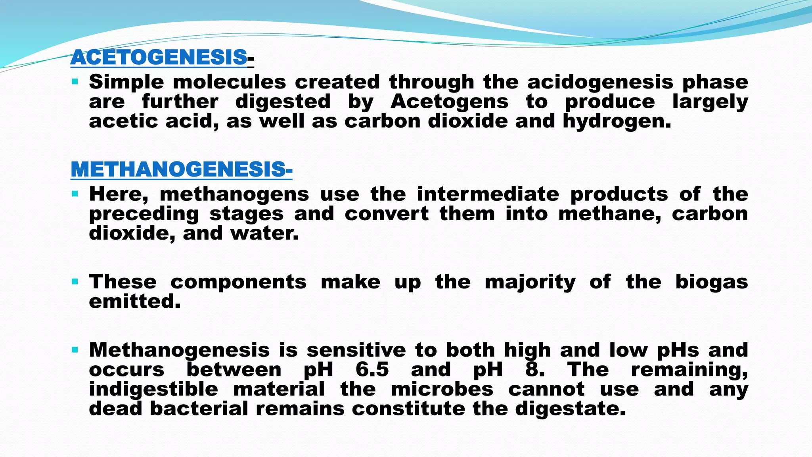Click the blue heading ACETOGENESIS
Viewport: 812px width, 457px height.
coord(159,58)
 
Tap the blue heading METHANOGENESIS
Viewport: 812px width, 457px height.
coord(178,170)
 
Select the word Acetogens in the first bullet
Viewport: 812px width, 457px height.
coord(449,102)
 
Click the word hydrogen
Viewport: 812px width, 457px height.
coord(617,121)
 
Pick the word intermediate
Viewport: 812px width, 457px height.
coord(488,194)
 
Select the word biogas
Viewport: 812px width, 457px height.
coord(711,282)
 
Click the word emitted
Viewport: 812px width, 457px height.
coord(134,301)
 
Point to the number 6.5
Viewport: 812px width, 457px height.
coord(372,370)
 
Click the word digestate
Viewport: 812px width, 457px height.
coord(570,409)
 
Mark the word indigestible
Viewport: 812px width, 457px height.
coord(153,389)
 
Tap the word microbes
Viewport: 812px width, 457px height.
coord(442,389)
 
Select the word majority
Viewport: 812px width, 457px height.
coord(530,282)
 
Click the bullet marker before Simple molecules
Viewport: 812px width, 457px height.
coord(75,82)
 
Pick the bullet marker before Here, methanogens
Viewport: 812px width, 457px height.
coord(75,194)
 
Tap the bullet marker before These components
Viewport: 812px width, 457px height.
coord(75,282)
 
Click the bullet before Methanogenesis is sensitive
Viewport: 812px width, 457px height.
coord(75,350)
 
